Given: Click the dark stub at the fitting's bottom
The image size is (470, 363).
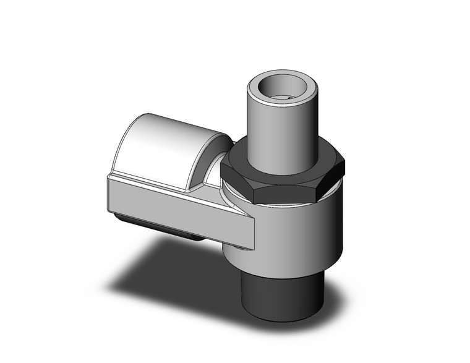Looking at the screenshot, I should point(281,294).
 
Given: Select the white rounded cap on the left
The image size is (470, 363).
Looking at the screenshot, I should point(167,145).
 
